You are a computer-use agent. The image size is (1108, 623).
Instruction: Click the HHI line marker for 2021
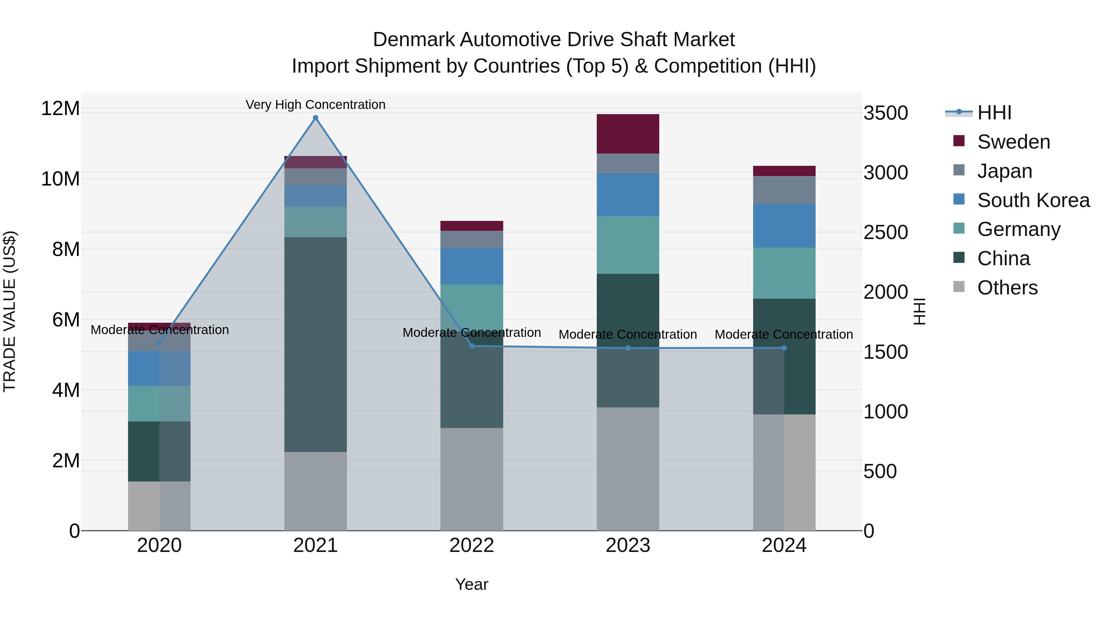point(315,118)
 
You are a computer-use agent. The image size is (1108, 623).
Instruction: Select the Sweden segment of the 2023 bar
point(628,134)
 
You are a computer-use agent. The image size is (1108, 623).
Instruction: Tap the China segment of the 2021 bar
point(315,344)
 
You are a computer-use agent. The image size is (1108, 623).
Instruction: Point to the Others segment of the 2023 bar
point(628,469)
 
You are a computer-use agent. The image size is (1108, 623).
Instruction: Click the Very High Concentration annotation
point(315,105)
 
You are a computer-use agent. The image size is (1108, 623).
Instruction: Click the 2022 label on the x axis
point(472,545)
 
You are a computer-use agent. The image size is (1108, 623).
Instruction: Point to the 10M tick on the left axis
point(60,179)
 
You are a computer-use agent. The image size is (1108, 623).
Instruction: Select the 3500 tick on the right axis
point(885,113)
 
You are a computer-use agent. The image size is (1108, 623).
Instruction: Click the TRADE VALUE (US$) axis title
point(10,311)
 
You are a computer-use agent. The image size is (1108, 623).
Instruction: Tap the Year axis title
point(472,584)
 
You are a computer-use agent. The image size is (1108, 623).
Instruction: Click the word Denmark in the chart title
point(413,40)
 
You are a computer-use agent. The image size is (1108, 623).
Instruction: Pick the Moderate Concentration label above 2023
point(628,334)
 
